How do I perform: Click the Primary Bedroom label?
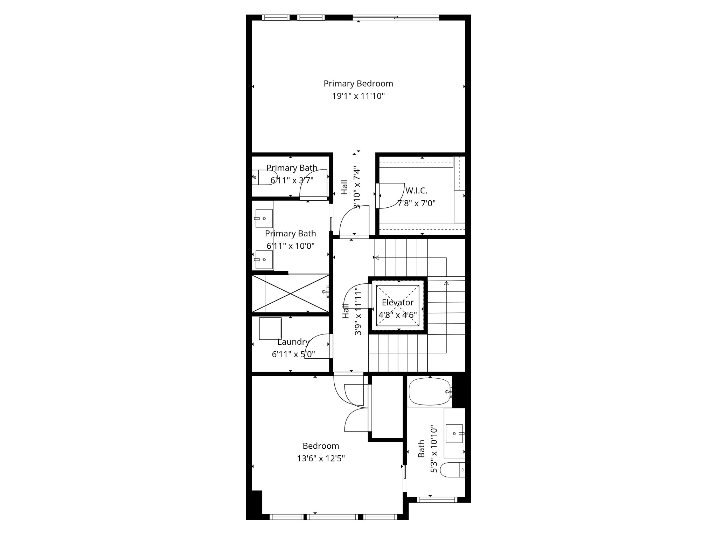coord(358,84)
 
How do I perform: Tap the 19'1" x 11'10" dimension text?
coord(358,96)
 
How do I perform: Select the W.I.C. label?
coord(416,191)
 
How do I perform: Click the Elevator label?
coord(398,302)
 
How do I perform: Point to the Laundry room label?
coord(293,342)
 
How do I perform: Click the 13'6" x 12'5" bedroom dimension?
coord(321,458)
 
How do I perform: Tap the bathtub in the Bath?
coord(430,392)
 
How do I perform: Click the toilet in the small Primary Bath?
coord(265,177)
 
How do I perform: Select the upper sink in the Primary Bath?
coord(264,219)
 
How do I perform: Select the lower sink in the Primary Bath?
coord(264,260)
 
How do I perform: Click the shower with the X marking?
coord(291,294)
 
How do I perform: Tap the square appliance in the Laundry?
coord(270,329)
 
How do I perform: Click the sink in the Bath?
coord(454,434)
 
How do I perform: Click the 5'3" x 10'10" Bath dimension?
coord(434,449)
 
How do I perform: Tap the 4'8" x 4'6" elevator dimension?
coord(398,315)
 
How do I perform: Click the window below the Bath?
coord(437,500)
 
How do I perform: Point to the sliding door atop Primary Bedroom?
coord(396,17)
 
